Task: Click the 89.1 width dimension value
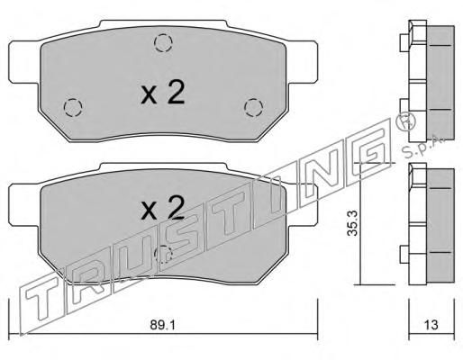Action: [162, 325]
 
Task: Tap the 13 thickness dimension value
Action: [431, 325]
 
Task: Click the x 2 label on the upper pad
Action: [162, 93]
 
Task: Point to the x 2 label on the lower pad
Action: [162, 207]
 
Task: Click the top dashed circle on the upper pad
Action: [163, 43]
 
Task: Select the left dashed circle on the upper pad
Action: [73, 107]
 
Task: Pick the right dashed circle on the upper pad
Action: [253, 107]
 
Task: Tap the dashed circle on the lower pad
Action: [163, 254]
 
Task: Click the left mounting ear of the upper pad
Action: [23, 62]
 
